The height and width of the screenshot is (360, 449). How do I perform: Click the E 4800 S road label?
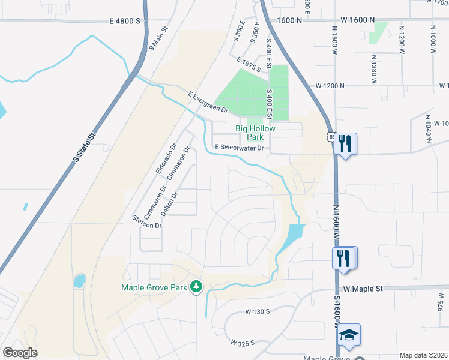pos(125,20)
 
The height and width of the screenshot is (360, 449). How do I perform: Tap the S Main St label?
pos(157,38)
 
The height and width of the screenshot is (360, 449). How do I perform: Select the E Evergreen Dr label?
pos(208,103)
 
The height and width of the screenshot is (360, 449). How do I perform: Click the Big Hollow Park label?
pos(258,133)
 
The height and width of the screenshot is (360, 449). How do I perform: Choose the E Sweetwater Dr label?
pos(240,147)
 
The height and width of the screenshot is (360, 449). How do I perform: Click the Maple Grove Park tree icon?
pos(195,287)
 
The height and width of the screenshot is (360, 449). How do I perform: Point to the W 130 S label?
pos(258,312)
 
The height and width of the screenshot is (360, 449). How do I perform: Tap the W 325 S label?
pos(243,342)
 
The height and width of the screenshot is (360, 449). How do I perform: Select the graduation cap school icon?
pos(349,335)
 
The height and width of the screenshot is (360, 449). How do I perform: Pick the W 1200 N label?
pos(330,86)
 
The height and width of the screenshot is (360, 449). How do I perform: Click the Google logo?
pos(20,353)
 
